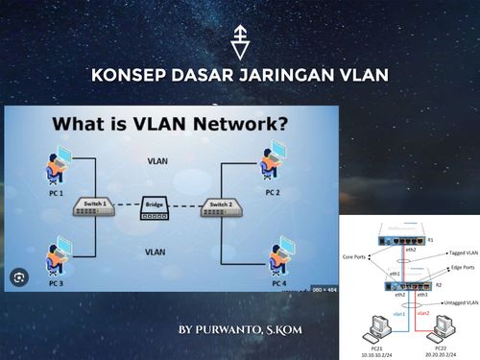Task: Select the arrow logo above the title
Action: [241, 44]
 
